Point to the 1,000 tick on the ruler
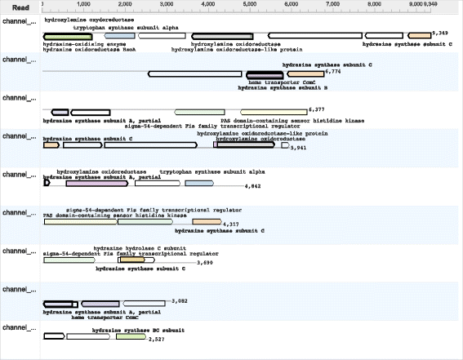[83, 6]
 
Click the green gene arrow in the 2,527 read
[131, 336]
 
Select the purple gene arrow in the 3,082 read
[100, 304]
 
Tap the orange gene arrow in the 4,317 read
[207, 222]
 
